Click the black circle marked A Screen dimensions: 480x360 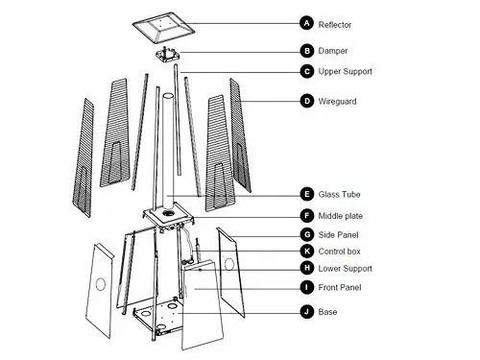(x=307, y=23)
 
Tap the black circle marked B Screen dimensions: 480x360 (x=307, y=51)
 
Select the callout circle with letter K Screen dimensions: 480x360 (x=307, y=252)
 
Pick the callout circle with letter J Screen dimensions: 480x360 (x=307, y=312)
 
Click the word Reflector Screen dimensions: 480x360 (x=335, y=25)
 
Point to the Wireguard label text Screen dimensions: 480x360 (x=337, y=102)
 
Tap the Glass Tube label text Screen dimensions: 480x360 (x=339, y=194)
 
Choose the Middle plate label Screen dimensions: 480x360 (x=341, y=216)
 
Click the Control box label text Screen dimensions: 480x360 (x=339, y=252)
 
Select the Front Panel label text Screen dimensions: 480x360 (x=340, y=287)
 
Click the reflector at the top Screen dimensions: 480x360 (x=163, y=28)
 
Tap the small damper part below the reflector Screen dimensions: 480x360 (x=167, y=55)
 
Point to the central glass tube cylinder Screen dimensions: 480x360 (x=168, y=152)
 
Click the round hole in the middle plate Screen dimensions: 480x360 (x=168, y=213)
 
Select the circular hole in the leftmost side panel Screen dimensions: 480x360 (x=101, y=284)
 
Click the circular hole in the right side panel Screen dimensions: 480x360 (x=229, y=264)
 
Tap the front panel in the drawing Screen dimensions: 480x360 (x=202, y=304)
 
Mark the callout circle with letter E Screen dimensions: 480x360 (x=307, y=194)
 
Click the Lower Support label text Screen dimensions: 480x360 (x=345, y=269)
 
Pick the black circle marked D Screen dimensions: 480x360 (x=307, y=101)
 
